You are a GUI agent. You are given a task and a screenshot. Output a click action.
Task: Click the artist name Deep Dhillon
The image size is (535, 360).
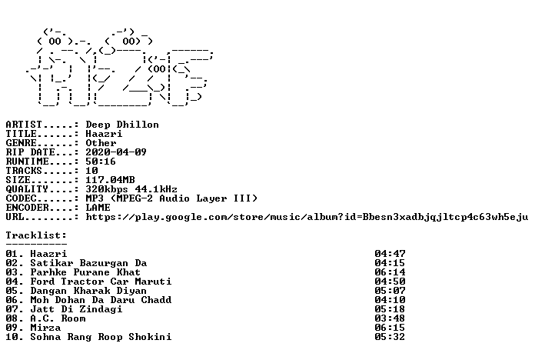coord(122,125)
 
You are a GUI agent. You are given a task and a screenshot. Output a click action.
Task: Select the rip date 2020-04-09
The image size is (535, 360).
coord(116,152)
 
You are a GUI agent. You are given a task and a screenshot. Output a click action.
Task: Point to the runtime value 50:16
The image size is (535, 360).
coord(101,162)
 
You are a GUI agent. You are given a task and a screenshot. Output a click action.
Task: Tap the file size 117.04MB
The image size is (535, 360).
coord(110,180)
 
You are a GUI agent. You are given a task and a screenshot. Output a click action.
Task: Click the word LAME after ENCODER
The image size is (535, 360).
coord(98,208)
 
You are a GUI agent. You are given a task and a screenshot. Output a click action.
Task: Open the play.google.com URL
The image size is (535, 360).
coord(307,217)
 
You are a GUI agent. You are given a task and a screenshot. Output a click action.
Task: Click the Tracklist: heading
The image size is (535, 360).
coord(36,235)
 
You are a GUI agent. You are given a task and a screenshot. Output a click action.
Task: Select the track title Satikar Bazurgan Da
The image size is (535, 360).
coord(88,263)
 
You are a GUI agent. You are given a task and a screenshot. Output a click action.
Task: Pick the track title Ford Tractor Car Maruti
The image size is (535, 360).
coord(101,282)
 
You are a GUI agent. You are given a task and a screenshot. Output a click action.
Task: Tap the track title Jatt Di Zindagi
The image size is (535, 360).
coord(76,309)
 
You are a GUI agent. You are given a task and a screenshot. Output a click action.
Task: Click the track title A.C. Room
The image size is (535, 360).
coord(58,318)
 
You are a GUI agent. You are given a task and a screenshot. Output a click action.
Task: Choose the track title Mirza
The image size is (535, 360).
coord(45,328)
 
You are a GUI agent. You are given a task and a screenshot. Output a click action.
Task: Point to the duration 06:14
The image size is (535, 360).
coord(390,272)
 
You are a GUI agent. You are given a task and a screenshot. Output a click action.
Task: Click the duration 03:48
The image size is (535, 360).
coord(390,318)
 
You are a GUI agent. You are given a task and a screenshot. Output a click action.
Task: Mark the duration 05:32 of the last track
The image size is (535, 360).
coord(390,337)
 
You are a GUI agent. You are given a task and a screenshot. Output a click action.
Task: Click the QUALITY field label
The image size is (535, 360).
coord(27,189)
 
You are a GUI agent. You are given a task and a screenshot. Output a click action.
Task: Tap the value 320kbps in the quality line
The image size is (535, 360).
coord(107,189)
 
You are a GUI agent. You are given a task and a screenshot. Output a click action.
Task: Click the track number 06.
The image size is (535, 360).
coord(12,300)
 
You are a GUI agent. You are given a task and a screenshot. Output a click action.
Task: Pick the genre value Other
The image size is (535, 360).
coord(101,143)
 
